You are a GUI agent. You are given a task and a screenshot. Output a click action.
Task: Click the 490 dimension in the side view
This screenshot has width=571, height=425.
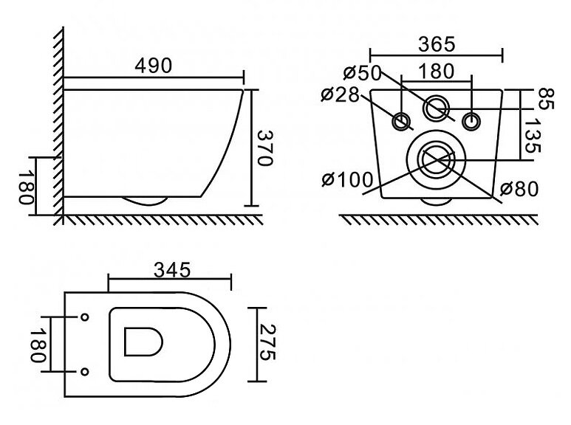pyautogui.click(x=153, y=66)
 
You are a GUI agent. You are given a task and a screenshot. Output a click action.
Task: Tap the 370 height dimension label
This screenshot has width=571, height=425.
pyautogui.click(x=264, y=148)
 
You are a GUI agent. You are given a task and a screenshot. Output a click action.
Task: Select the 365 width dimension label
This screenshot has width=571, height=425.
pyautogui.click(x=437, y=44)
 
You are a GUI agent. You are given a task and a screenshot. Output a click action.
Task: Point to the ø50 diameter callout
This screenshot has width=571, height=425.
pyautogui.click(x=362, y=73)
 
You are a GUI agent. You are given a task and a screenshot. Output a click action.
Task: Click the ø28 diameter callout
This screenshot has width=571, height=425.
pyautogui.click(x=340, y=94)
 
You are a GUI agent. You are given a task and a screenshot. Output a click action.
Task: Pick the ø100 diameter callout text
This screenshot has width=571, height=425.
pyautogui.click(x=348, y=179)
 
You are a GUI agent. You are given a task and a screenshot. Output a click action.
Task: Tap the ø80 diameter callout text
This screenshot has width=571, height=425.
pyautogui.click(x=519, y=189)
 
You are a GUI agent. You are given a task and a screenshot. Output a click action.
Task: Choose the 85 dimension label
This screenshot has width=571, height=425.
pyautogui.click(x=545, y=98)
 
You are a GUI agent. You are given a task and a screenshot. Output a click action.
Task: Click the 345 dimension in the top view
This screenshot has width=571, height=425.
pyautogui.click(x=172, y=270)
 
